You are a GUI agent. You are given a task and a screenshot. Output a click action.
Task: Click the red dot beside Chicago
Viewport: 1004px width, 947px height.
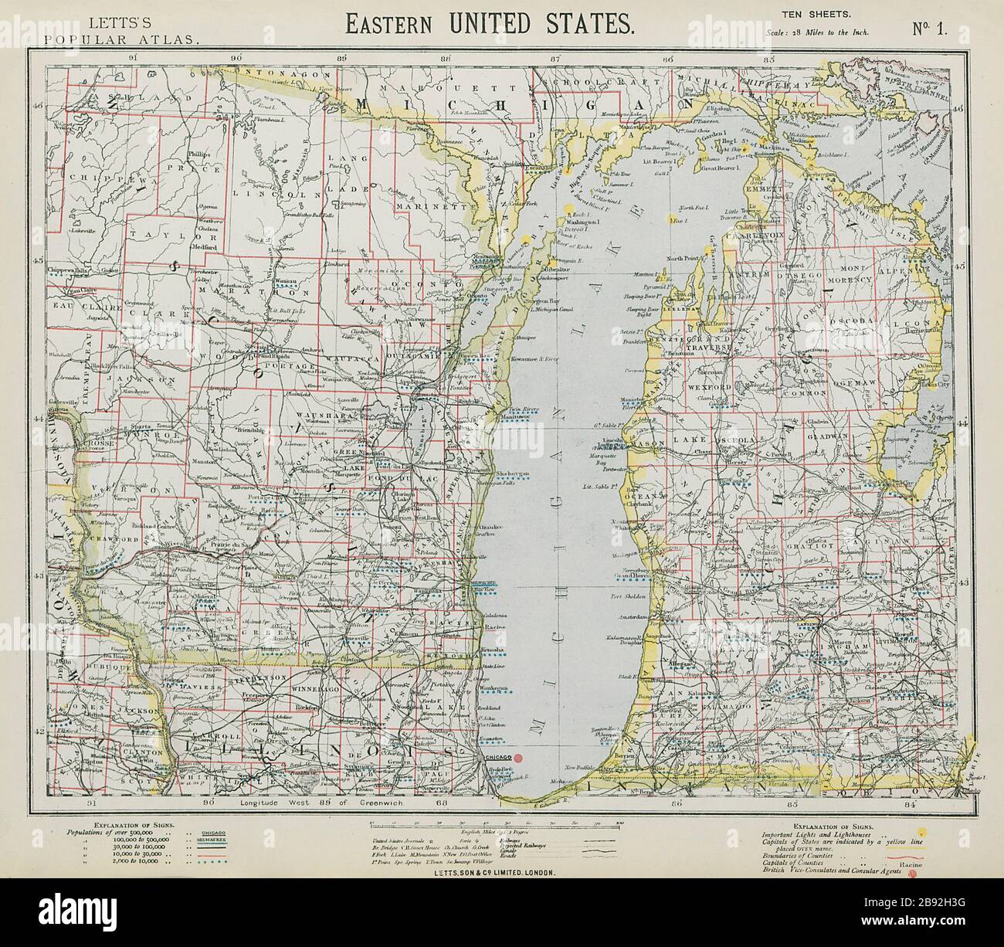pyautogui.click(x=519, y=759)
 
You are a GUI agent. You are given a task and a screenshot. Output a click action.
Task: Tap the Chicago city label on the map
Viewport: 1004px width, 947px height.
pyautogui.click(x=494, y=759)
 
